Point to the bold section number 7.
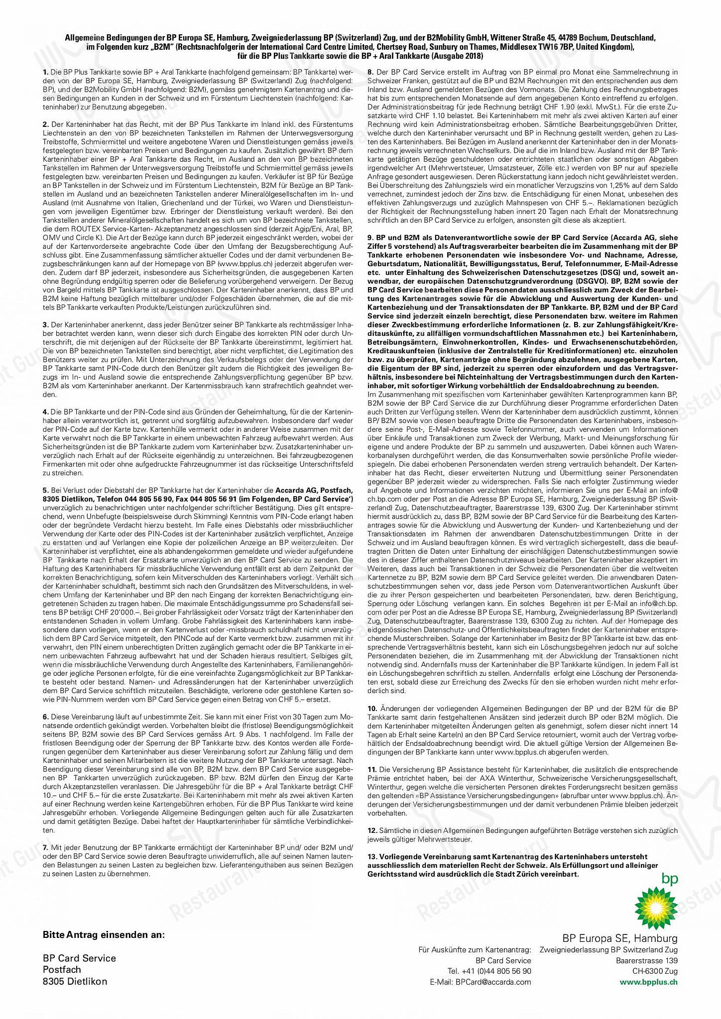click(45, 847)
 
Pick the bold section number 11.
click(371, 776)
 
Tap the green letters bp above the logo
click(669, 879)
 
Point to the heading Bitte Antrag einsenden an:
click(104, 935)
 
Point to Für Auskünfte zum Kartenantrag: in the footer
click(475, 950)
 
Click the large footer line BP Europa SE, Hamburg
click(620, 938)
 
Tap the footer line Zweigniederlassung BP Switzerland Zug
click(608, 950)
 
